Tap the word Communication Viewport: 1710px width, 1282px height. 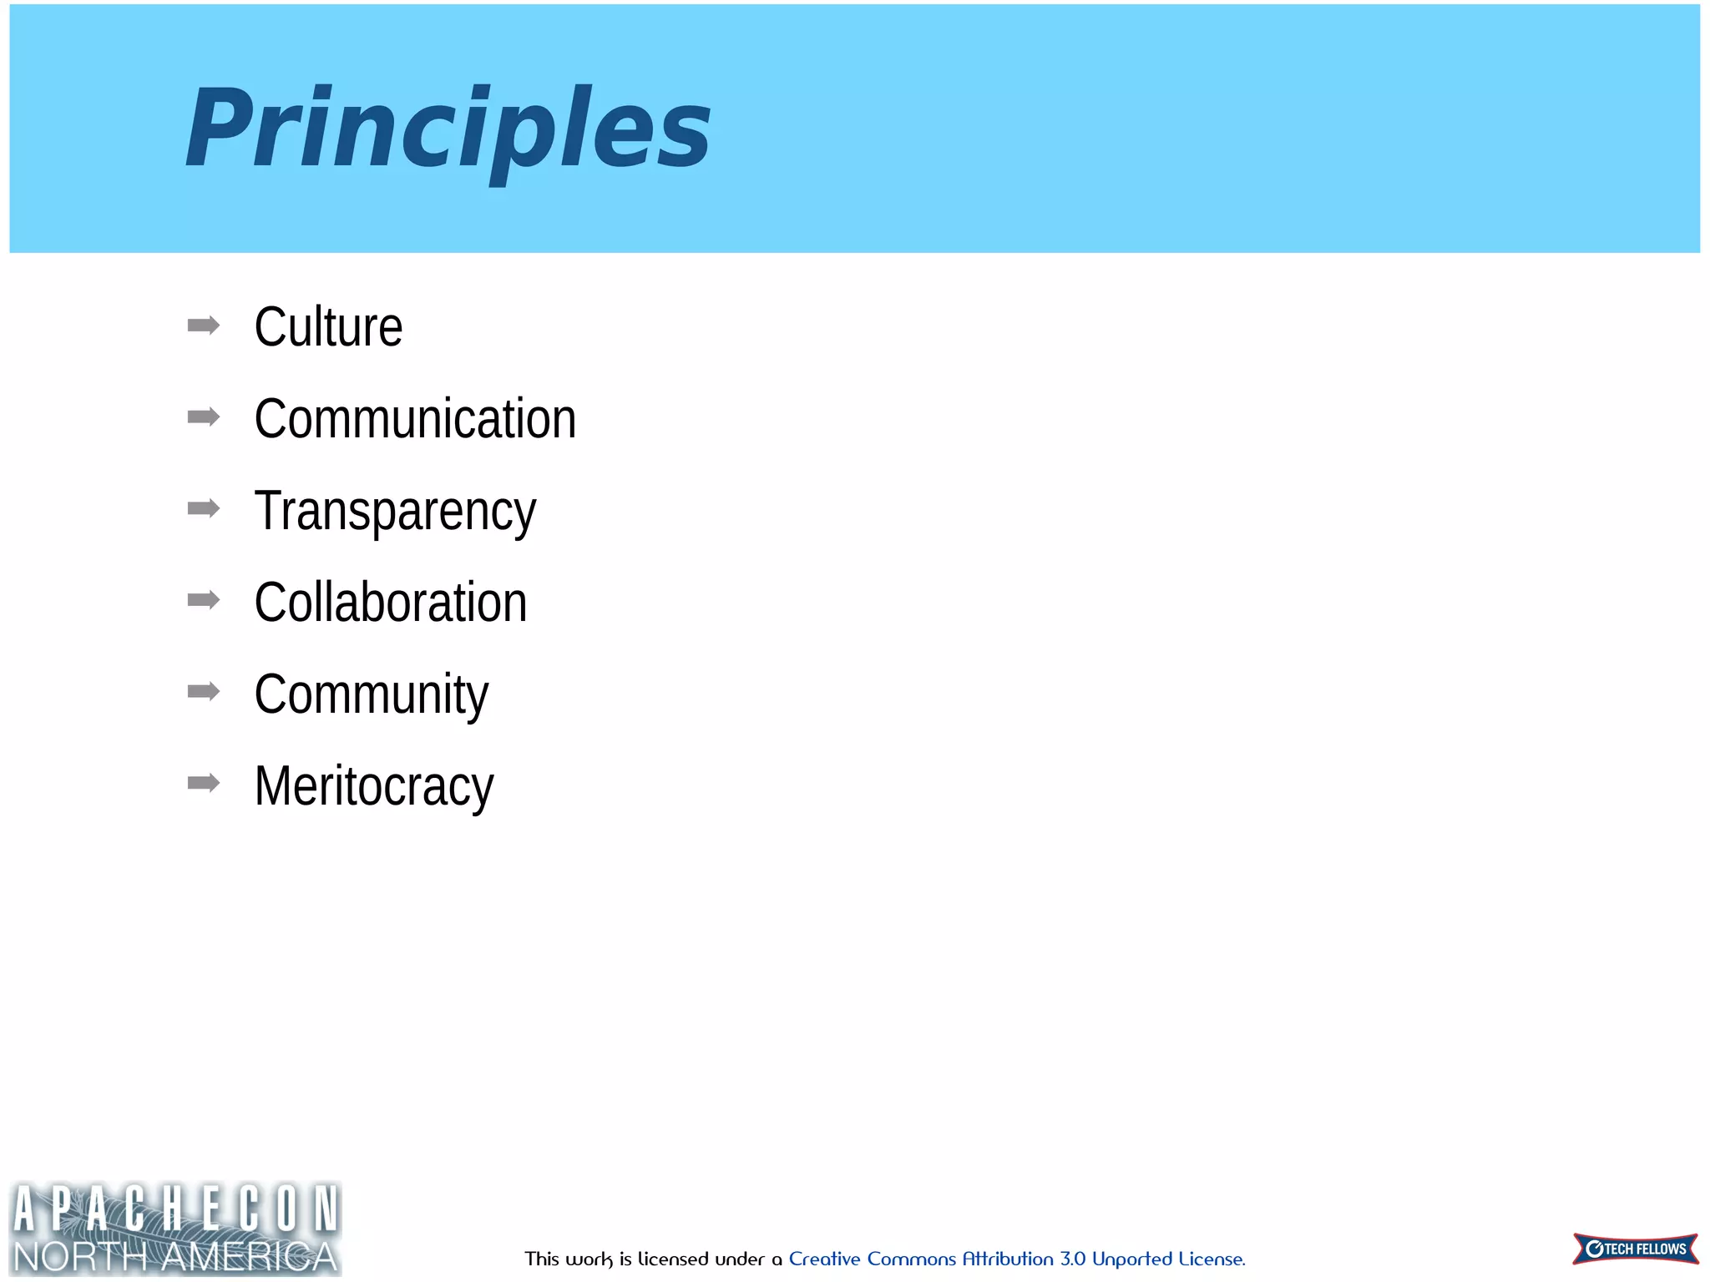pos(415,418)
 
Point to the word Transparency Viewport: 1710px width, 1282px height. pos(395,510)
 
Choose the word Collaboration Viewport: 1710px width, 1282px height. pos(391,602)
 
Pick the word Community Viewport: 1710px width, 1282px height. pos(371,694)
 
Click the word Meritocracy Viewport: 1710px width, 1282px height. pos(374,785)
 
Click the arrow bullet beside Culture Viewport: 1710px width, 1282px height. pos(204,325)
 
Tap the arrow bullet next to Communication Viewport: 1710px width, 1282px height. pos(204,416)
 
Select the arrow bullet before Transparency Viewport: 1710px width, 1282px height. pos(204,508)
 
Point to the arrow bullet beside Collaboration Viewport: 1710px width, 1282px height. pos(204,599)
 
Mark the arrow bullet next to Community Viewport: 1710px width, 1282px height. pos(204,691)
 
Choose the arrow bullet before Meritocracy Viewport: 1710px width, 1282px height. pos(204,783)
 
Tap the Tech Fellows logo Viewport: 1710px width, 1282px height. pos(1635,1249)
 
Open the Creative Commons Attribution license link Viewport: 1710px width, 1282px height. pos(1016,1259)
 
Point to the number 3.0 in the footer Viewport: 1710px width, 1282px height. pos(1073,1259)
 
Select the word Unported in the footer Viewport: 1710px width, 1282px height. pos(1132,1259)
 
